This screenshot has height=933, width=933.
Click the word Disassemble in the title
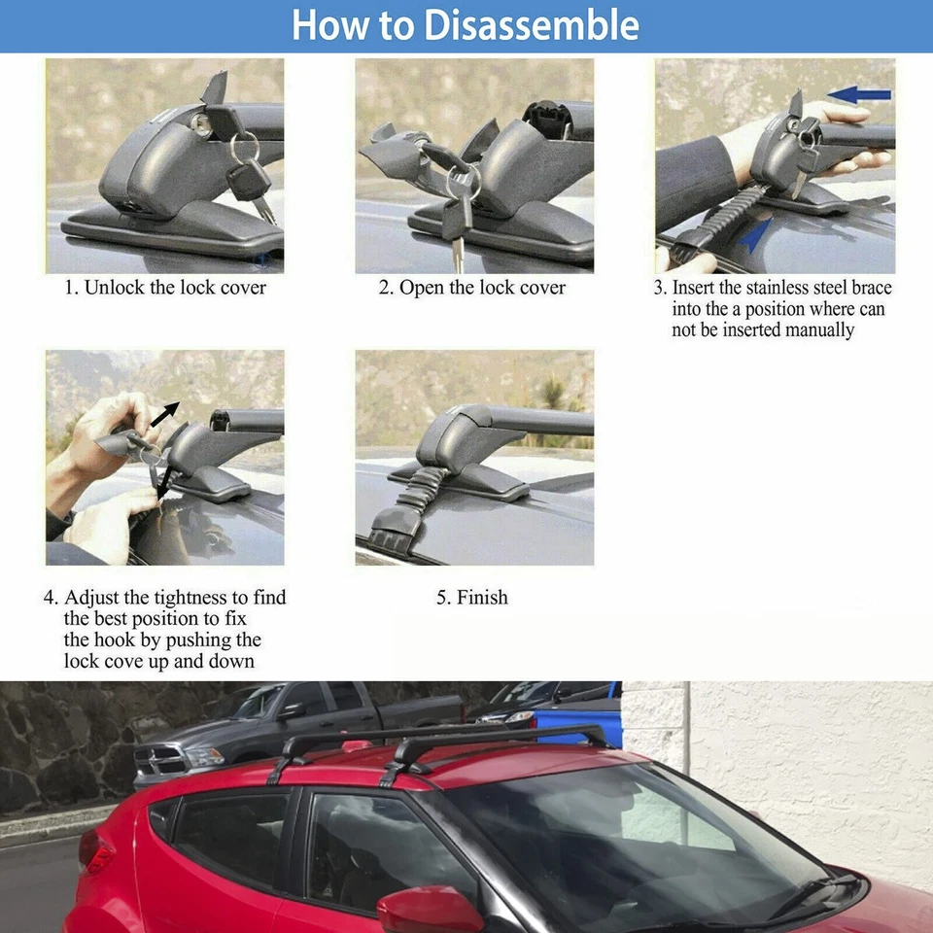click(532, 25)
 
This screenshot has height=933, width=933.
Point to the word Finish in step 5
click(483, 597)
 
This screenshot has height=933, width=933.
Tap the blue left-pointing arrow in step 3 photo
click(858, 94)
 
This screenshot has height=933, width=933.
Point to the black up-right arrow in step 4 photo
click(165, 414)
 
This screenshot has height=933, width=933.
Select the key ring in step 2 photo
click(465, 181)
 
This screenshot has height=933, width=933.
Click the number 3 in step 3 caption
click(658, 288)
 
